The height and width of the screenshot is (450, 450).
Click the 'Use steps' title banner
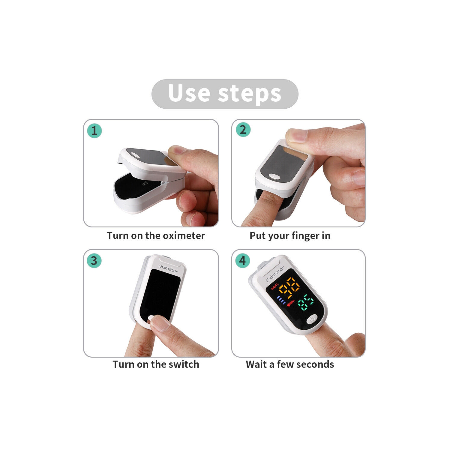[225, 94]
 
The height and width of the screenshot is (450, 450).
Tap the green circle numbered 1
[94, 131]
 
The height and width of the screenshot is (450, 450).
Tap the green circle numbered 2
[243, 130]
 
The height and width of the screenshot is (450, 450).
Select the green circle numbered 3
[94, 260]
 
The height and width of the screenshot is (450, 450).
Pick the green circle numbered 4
[243, 260]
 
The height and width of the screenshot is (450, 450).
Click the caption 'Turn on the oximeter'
[156, 236]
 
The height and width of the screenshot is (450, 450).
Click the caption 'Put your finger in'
[290, 236]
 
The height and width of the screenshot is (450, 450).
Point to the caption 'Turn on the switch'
[156, 364]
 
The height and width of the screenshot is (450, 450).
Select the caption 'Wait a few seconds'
[290, 364]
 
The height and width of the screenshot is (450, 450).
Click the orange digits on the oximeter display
[289, 287]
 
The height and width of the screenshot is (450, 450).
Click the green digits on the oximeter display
[306, 302]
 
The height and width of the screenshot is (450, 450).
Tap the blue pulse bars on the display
[281, 300]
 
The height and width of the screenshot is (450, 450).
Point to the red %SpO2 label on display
[275, 286]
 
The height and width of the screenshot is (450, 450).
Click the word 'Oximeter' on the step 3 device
[168, 268]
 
